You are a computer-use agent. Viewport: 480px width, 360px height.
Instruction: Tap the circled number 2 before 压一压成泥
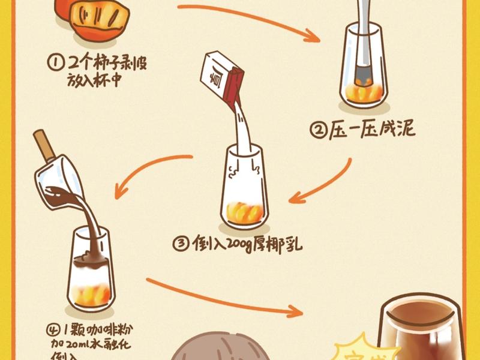pos(317,131)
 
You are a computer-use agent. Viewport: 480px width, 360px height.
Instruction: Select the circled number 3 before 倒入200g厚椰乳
pos(180,244)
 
